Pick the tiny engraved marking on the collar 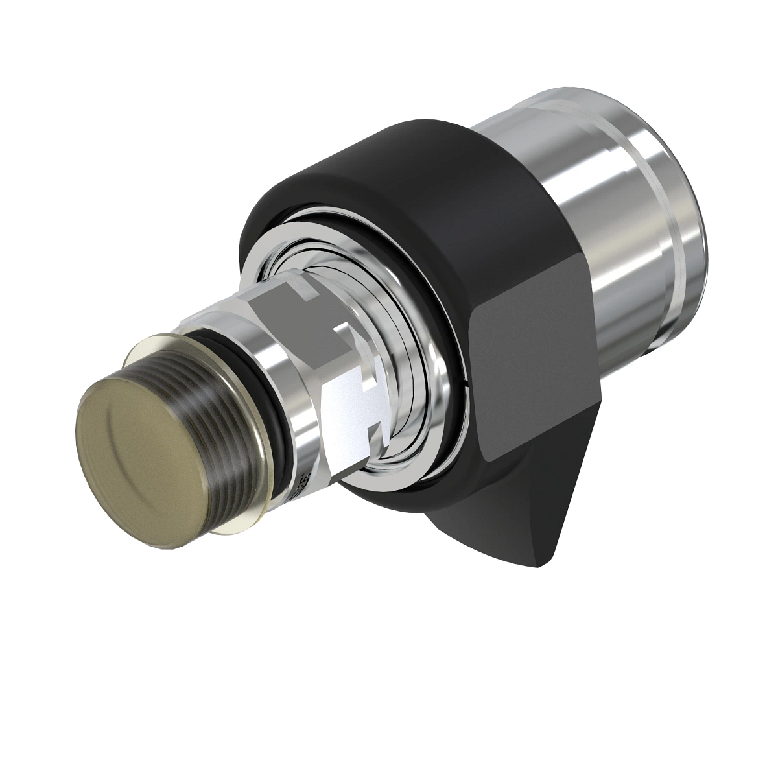click(x=301, y=484)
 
